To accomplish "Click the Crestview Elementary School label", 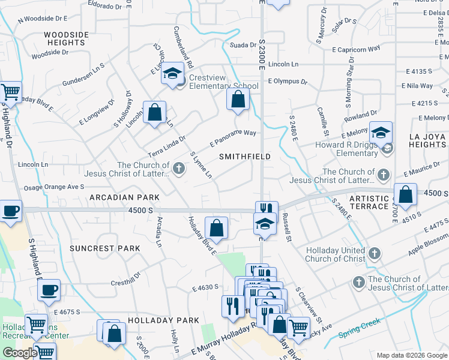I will coord(223,82).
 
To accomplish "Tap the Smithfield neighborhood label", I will coord(244,156).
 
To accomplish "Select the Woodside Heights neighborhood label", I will coord(66,39).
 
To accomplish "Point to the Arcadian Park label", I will coord(125,197).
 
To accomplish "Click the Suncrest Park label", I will coord(104,248).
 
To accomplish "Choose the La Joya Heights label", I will coord(427,140).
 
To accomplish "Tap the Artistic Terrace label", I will coord(369,202).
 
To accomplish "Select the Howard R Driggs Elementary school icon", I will coord(381,132).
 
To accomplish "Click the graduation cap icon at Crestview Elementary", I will coord(173,73).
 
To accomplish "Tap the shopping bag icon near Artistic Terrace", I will coord(406,194).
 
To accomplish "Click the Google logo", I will coord(19,352).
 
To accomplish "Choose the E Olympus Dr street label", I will coord(288,81).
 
